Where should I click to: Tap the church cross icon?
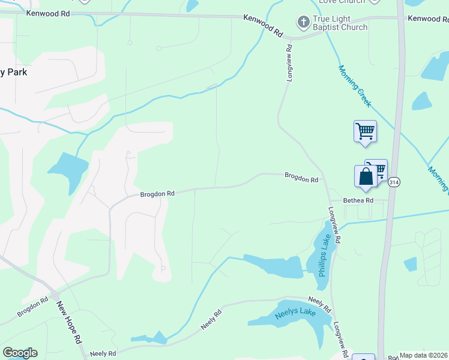(x=304, y=23)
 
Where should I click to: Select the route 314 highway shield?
(x=393, y=182)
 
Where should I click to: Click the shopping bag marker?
(x=366, y=177)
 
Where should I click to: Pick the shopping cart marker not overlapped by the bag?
(x=365, y=131)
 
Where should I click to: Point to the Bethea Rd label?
(x=358, y=200)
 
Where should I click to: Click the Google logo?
(x=20, y=353)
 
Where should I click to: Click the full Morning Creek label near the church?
(x=355, y=86)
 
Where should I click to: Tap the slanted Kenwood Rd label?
(x=262, y=26)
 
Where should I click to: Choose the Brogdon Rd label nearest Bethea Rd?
(x=301, y=178)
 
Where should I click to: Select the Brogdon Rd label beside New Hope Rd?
(x=32, y=307)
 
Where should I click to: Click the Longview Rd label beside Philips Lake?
(x=334, y=226)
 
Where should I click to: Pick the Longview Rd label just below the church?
(x=289, y=64)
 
